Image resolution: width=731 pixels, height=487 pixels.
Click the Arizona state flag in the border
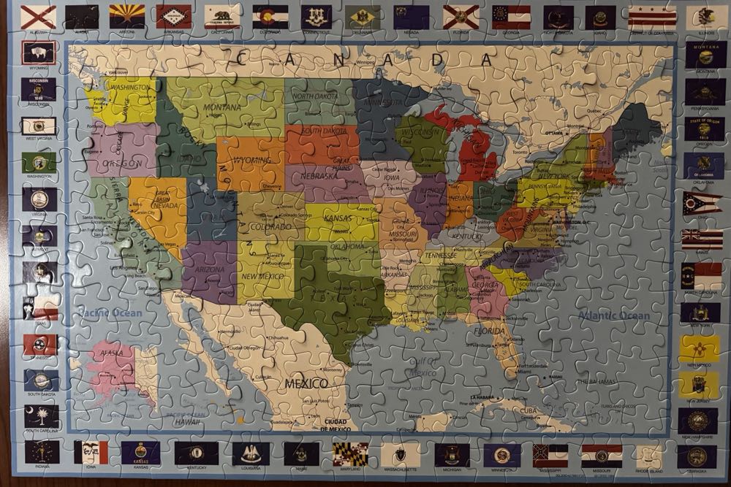click(127, 15)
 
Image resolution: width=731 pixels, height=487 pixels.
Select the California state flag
click(221, 15)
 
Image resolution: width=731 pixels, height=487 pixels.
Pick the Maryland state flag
click(350, 453)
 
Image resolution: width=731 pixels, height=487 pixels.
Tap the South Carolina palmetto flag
click(40, 416)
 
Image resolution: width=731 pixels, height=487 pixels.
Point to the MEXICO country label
click(306, 383)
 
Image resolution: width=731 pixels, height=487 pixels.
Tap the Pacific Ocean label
click(110, 313)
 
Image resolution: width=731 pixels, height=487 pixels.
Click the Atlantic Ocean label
click(613, 315)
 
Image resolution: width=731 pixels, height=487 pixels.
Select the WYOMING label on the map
click(251, 160)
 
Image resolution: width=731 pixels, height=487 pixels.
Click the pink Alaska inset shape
click(113, 365)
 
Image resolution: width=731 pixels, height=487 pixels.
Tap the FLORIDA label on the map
click(493, 330)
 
